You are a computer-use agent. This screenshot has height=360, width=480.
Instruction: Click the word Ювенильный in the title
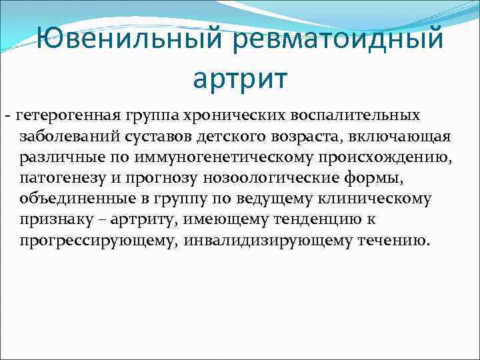(x=132, y=37)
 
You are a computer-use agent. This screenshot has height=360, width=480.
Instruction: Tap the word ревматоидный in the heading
(x=338, y=37)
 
